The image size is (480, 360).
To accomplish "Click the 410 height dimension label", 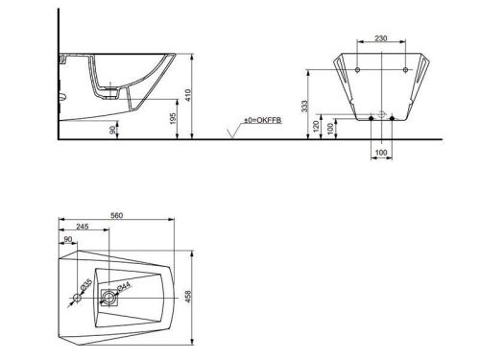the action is click(188, 95).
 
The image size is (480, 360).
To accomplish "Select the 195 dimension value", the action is click(173, 119).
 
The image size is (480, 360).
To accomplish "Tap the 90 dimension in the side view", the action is click(112, 130).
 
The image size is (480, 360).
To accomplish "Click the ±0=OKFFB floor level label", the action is click(263, 120).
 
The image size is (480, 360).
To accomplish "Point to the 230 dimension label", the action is click(381, 38).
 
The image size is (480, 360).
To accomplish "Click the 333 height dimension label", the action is click(304, 107).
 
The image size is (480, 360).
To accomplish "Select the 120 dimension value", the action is click(317, 127).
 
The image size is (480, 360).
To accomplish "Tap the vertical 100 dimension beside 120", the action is click(330, 129).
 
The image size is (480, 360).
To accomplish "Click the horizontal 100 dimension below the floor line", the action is click(381, 153).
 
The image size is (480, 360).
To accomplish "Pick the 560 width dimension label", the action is click(116, 215).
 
